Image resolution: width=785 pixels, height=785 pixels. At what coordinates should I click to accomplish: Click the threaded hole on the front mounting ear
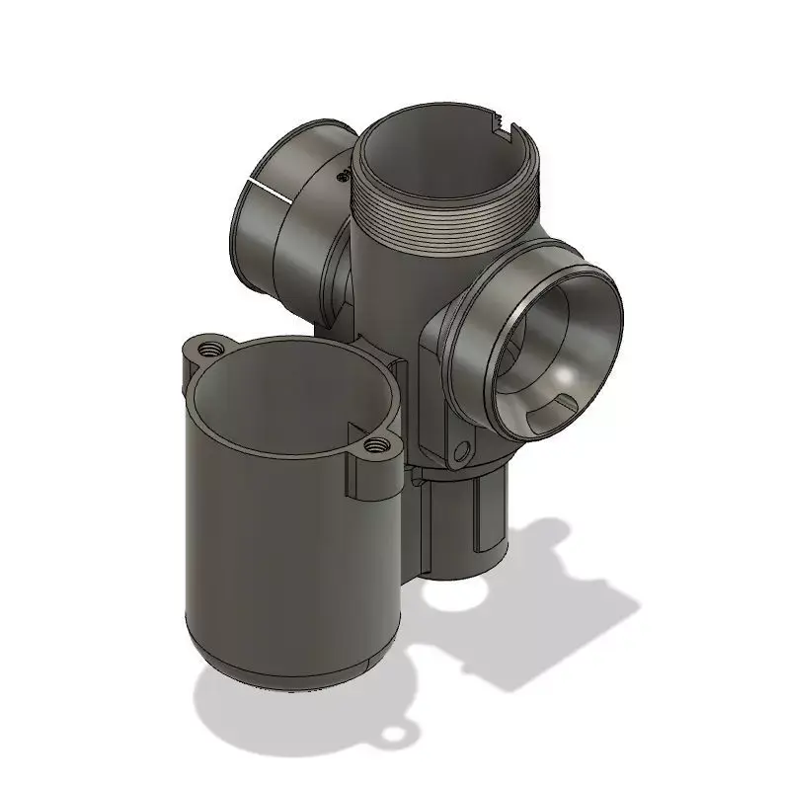click(x=373, y=446)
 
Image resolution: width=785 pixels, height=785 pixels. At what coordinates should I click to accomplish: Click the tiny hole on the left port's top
click(x=341, y=176)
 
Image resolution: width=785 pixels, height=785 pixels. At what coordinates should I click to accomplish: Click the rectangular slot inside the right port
click(x=565, y=405)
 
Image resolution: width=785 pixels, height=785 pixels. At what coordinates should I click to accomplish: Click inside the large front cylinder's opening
click(x=286, y=395)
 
